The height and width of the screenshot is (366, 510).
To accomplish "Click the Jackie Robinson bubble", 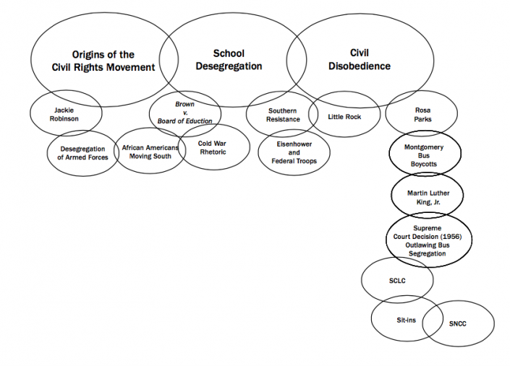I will click(x=65, y=114).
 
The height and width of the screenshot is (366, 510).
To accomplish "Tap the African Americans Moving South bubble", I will click(x=150, y=152).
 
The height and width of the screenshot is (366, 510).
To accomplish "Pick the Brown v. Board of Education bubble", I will click(x=185, y=113).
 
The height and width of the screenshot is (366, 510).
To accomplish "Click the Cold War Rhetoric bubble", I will click(x=213, y=147).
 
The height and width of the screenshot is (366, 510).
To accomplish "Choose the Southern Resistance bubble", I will click(x=283, y=115).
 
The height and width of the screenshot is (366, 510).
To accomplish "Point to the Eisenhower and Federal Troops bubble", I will click(x=294, y=152).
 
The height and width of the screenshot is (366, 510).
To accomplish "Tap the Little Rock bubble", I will click(x=344, y=116).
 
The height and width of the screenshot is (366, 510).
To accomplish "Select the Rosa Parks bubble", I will click(x=422, y=115).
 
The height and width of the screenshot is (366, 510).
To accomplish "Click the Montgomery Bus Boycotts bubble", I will click(x=424, y=155).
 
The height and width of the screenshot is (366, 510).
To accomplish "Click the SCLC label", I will click(x=396, y=282).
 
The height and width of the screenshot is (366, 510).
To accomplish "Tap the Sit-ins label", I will click(x=406, y=319).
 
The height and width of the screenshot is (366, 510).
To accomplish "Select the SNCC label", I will click(x=457, y=323).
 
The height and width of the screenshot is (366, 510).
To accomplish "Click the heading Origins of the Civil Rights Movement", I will click(x=103, y=61).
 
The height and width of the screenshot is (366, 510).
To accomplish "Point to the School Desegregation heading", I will click(x=229, y=60).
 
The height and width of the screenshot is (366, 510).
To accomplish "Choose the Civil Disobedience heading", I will click(x=359, y=59).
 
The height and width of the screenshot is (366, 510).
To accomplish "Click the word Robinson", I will click(x=65, y=118).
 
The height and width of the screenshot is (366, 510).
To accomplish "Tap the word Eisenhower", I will click(x=294, y=144).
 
